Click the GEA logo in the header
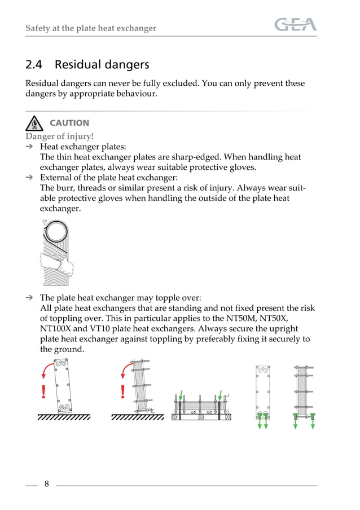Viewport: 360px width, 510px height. [x=295, y=25]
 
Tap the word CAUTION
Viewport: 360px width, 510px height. [x=69, y=123]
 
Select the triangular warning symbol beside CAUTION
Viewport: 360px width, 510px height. [x=34, y=122]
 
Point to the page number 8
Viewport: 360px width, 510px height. [x=46, y=483]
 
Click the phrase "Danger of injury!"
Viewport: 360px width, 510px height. [x=60, y=136]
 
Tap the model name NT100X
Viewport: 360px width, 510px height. [x=60, y=329]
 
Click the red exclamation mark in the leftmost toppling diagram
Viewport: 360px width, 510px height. [x=43, y=392]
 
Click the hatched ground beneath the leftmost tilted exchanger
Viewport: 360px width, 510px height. [x=64, y=418]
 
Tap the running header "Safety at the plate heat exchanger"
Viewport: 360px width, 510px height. [x=91, y=28]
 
